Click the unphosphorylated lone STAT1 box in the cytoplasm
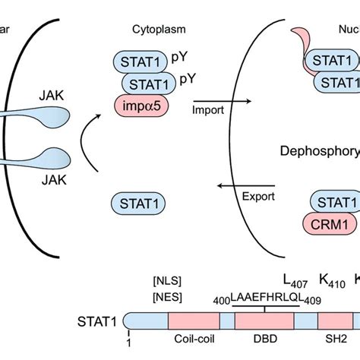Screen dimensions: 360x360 coord(138,201)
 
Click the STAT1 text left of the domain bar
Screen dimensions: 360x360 coord(101,321)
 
